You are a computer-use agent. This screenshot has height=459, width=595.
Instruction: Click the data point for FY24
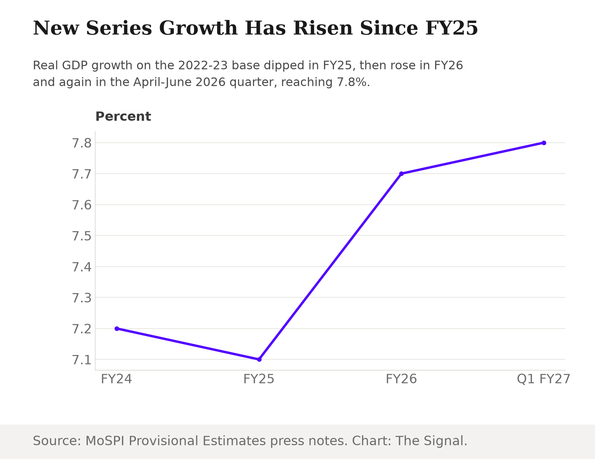point(117,329)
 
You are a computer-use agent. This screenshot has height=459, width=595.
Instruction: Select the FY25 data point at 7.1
point(259,359)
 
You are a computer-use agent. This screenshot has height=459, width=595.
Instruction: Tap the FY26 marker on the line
point(401,174)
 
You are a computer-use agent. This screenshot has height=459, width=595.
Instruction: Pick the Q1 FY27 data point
point(544,143)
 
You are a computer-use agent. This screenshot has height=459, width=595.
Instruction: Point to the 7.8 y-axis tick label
point(81,143)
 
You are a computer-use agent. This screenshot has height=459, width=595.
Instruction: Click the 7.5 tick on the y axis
point(81,236)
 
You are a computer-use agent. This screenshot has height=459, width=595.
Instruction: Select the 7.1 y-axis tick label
point(81,360)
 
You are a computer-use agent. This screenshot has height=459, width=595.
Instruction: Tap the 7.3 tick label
point(81,298)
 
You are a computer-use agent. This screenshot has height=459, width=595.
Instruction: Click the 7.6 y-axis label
point(81,205)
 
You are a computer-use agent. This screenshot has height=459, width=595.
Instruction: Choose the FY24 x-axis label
point(117,379)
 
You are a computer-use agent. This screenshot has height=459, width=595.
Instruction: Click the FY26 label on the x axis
point(401,379)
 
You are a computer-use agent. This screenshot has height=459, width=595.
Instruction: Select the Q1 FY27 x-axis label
point(544,379)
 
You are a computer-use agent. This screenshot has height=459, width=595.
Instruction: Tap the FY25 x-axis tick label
point(259,379)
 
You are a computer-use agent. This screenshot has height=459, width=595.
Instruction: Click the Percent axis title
point(123,117)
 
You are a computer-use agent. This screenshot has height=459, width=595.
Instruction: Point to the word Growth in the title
point(198,28)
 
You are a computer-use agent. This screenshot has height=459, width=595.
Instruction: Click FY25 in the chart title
point(452,28)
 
